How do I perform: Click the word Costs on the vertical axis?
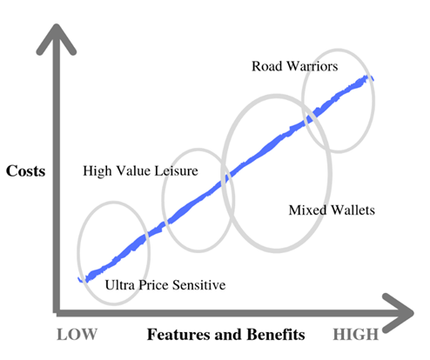[25, 170]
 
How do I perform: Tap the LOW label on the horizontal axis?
[77, 335]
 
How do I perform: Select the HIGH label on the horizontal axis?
[356, 335]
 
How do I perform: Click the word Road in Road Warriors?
[267, 66]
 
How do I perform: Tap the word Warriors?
[312, 66]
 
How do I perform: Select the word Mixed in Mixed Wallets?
[307, 210]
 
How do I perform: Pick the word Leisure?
[176, 170]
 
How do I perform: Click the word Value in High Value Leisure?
[133, 170]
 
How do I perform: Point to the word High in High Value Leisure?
[97, 171]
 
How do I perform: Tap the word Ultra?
[120, 285]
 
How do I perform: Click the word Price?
[153, 285]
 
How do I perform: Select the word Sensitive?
[199, 285]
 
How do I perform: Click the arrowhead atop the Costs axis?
[57, 37]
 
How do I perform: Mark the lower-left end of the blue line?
[79, 279]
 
